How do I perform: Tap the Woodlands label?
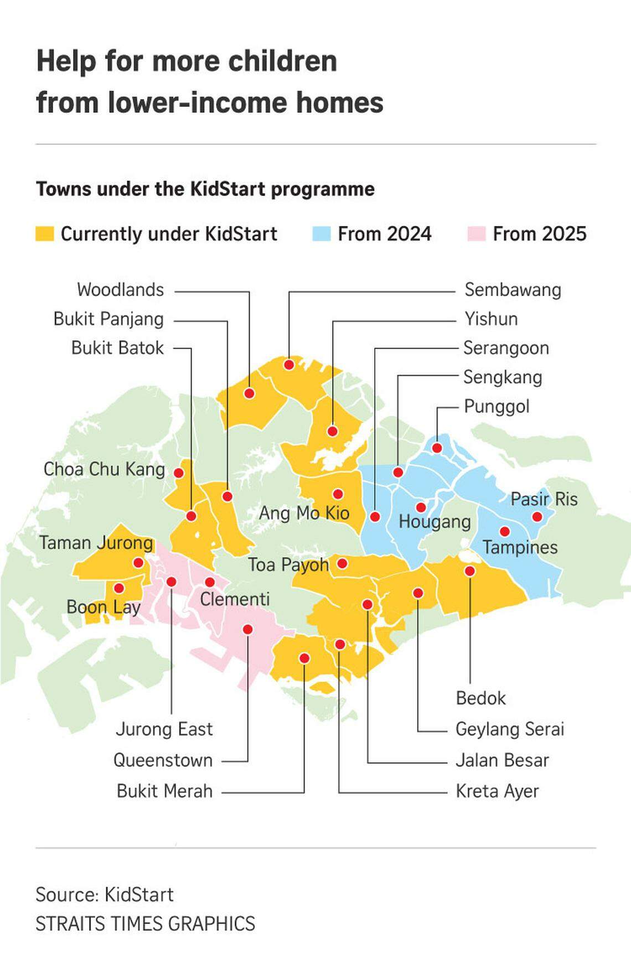coord(120,290)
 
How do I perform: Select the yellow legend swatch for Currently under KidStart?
coord(45,234)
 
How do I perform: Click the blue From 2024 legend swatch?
coord(321,234)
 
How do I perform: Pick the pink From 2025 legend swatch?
coord(476,234)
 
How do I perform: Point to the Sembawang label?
coord(513,290)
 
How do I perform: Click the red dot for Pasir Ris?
coord(536,517)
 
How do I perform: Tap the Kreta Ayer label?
coord(497,791)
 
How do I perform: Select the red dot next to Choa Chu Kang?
coord(179,473)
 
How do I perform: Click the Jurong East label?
coord(164,729)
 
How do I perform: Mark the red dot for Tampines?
coord(504,532)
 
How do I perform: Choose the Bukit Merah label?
coord(164,791)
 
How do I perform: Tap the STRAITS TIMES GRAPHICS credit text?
coord(146,924)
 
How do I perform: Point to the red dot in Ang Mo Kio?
coord(338,494)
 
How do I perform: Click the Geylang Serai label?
coord(510,729)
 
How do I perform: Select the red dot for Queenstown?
coord(248,630)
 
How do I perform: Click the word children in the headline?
coord(283,61)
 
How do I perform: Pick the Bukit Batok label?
coord(117,348)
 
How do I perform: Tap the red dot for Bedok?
coord(470,571)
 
